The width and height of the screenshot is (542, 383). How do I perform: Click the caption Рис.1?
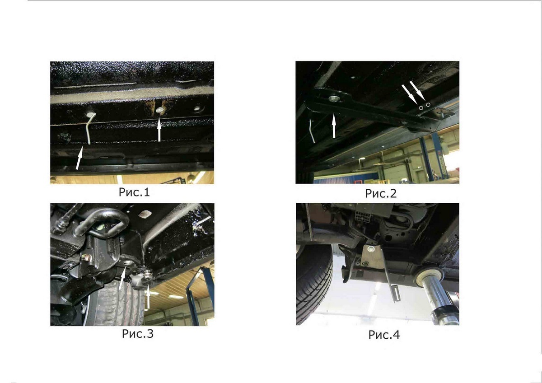coord(134,192)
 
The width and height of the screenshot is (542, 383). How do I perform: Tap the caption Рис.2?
coord(381,194)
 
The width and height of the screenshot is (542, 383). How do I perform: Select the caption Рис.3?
coord(138,334)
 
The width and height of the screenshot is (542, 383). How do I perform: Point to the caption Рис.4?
coord(384,335)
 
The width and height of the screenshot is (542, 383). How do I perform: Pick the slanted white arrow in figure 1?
coord(79,158)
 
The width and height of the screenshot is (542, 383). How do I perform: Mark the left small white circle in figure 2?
coord(421,108)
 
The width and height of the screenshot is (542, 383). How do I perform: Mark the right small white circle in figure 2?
coord(428,105)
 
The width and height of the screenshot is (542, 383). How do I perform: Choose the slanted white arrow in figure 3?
coord(122,278)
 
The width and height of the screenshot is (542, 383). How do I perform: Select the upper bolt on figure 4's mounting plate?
coord(370,248)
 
